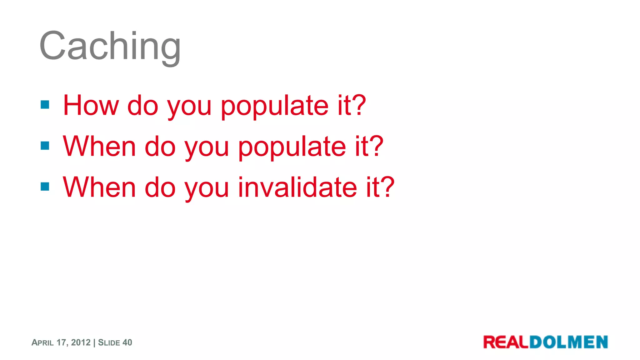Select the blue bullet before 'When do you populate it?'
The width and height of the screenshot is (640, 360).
pyautogui.click(x=45, y=146)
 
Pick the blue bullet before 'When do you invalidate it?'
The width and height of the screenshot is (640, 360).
pyautogui.click(x=45, y=187)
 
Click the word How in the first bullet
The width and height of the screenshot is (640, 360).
pyautogui.click(x=91, y=106)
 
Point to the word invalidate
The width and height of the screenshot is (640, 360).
pyautogui.click(x=297, y=187)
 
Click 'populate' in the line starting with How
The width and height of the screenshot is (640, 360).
pyautogui.click(x=275, y=106)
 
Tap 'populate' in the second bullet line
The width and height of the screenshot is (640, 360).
pyautogui.click(x=292, y=147)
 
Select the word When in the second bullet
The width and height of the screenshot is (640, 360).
pyautogui.click(x=99, y=146)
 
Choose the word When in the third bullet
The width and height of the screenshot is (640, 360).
pyautogui.click(x=99, y=187)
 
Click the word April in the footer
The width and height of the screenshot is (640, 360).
pyautogui.click(x=42, y=343)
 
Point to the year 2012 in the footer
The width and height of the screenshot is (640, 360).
pyautogui.click(x=81, y=342)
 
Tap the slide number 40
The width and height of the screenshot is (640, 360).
pyautogui.click(x=127, y=342)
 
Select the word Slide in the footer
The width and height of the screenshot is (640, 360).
pyautogui.click(x=109, y=343)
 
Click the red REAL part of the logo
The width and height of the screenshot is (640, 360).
pyautogui.click(x=506, y=342)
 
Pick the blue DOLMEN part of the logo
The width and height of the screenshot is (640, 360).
pyautogui.click(x=569, y=342)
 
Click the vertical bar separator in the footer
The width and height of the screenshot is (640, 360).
pyautogui.click(x=94, y=342)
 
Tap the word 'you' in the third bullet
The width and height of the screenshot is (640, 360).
pyautogui.click(x=207, y=189)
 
